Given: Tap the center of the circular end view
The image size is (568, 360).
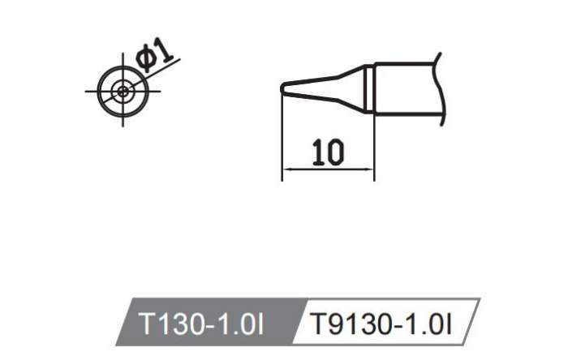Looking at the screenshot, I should (x=123, y=92).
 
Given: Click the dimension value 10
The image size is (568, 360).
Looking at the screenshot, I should (x=327, y=153).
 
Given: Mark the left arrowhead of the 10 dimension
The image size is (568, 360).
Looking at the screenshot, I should (x=286, y=169).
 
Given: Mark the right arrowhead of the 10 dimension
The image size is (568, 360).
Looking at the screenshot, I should (x=370, y=169).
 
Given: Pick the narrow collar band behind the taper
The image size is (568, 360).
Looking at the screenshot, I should (x=369, y=88).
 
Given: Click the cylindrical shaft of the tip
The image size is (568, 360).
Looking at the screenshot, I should (x=406, y=88).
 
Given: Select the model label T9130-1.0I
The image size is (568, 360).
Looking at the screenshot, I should (x=383, y=325).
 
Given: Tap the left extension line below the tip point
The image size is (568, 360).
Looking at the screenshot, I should (x=282, y=138).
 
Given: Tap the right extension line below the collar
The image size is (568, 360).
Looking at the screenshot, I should (x=374, y=146).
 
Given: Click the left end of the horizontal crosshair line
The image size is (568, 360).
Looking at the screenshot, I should (x=86, y=92).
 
